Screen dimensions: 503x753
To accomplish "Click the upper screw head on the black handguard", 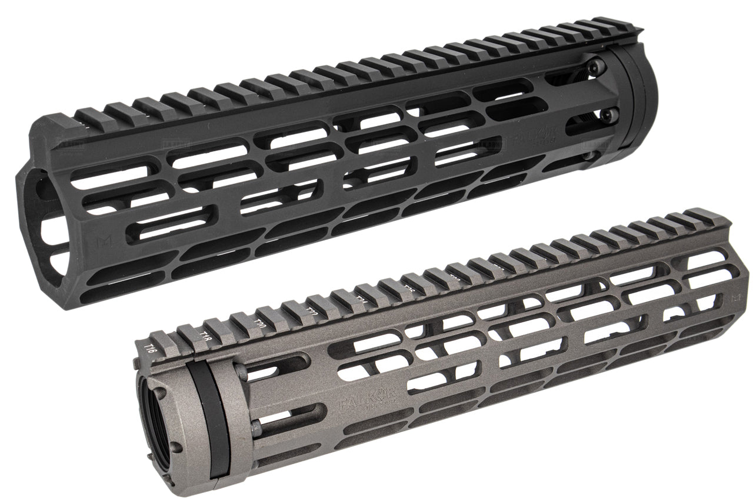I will point(599,67).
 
